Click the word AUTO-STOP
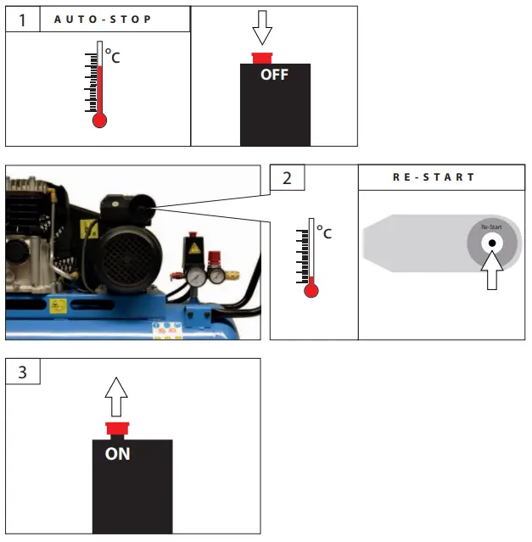[x=103, y=20]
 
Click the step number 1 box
[x=22, y=20]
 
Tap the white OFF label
[x=274, y=75]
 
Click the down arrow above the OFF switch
[x=263, y=31]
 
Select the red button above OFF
[x=263, y=58]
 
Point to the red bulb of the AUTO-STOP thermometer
[x=99, y=120]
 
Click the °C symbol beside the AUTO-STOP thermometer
[x=112, y=58]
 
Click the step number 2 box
[x=287, y=178]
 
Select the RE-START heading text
[x=433, y=178]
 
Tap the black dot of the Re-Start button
[x=491, y=243]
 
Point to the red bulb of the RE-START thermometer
[x=311, y=290]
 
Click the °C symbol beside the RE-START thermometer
[x=324, y=232]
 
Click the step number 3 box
[x=22, y=372]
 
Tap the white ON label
[x=118, y=454]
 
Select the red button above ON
[x=116, y=427]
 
